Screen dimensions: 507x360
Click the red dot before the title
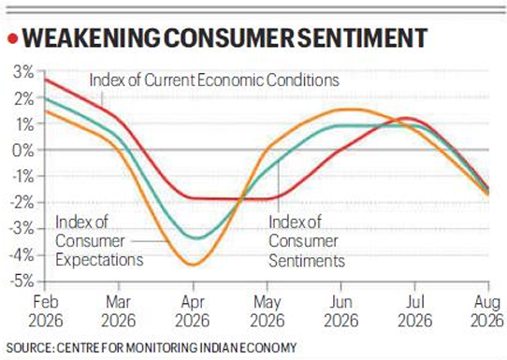(x=12, y=38)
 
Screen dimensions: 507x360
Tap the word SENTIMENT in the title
(x=362, y=38)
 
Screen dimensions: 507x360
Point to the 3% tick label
(x=23, y=72)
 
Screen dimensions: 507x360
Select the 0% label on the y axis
(x=22, y=151)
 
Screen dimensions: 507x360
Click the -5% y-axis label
(x=22, y=281)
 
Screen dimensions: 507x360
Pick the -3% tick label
(x=22, y=229)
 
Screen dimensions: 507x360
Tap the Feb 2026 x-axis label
(x=45, y=311)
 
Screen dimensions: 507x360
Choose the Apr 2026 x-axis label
(x=193, y=311)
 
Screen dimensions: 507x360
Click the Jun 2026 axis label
(x=340, y=311)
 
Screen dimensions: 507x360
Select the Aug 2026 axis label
(x=487, y=311)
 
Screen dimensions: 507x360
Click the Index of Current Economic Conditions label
(x=214, y=80)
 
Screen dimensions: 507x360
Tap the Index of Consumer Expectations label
(x=99, y=241)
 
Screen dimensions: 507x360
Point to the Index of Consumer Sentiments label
(x=307, y=241)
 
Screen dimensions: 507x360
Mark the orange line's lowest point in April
(x=194, y=265)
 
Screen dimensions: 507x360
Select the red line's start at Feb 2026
(x=45, y=79)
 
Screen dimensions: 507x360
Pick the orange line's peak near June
(x=351, y=109)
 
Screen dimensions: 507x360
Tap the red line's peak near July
(x=405, y=118)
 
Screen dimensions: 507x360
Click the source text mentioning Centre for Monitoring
(x=152, y=348)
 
